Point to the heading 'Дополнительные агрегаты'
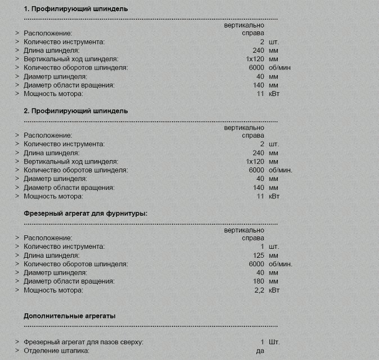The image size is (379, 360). point(70,316)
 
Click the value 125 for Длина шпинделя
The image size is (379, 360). point(258,256)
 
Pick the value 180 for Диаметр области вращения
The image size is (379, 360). point(258,281)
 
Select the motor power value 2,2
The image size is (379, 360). point(259,290)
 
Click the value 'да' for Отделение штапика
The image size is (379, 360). point(260,350)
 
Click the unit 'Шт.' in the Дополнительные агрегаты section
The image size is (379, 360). point(274,341)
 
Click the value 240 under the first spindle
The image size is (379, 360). point(258,51)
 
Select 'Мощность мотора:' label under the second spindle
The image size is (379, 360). point(53,196)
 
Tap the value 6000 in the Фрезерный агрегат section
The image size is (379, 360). point(256,264)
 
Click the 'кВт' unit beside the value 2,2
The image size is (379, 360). point(274,290)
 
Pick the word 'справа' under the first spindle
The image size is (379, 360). point(252,33)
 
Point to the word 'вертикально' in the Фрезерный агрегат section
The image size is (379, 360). point(244,230)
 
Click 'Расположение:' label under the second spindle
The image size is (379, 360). point(48,135)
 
